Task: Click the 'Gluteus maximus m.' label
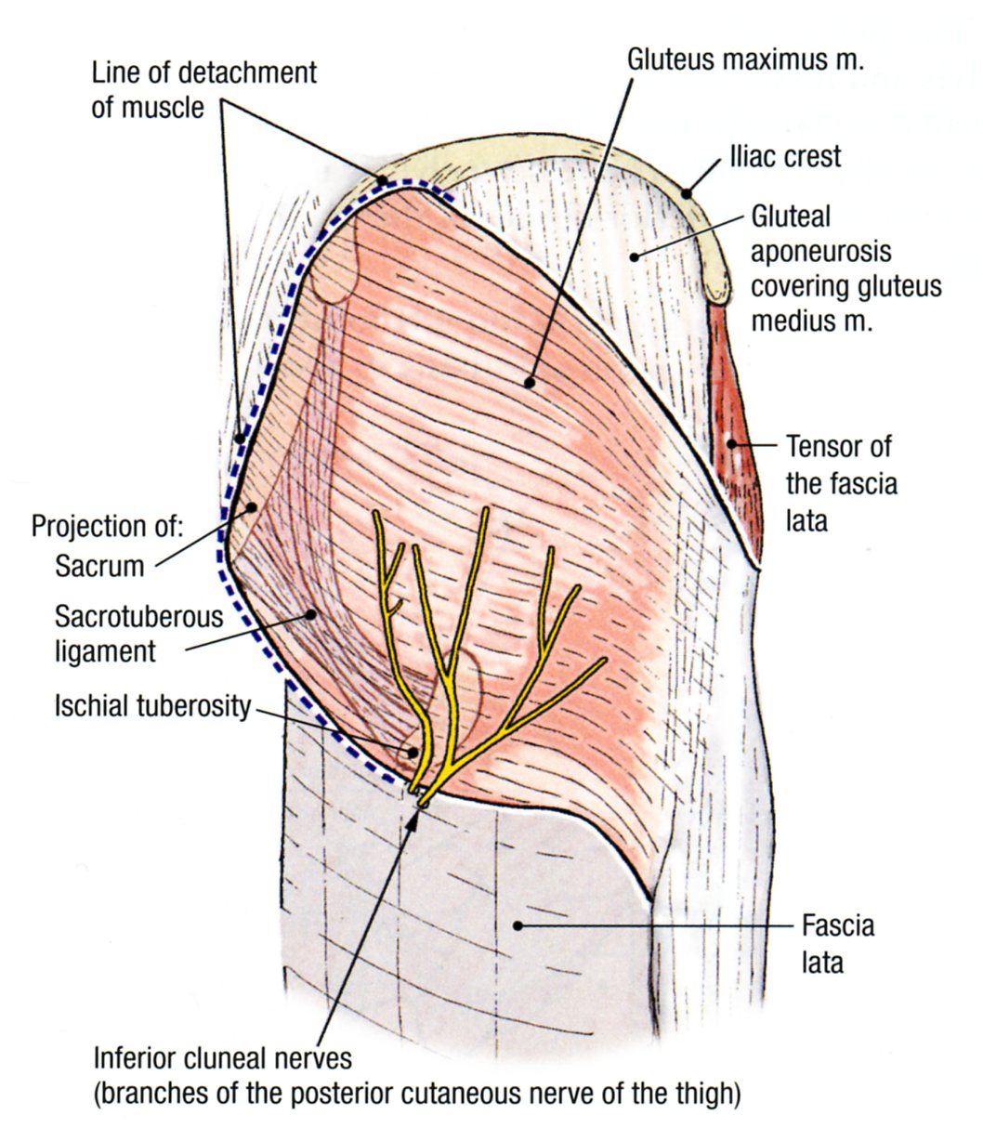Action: click(x=746, y=60)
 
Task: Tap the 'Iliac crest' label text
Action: click(x=785, y=155)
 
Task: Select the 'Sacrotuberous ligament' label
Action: click(x=139, y=633)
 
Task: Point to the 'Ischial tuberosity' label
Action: click(x=151, y=706)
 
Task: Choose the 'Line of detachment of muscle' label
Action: click(x=204, y=89)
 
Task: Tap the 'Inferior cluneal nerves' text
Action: click(x=222, y=1058)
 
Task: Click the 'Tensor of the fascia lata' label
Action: click(x=842, y=483)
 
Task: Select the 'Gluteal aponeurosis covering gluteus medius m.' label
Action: click(x=845, y=269)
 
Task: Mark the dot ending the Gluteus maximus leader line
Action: click(x=529, y=381)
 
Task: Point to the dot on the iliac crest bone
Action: click(x=686, y=193)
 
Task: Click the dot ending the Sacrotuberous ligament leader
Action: click(x=313, y=613)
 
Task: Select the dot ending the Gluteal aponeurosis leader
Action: click(x=634, y=256)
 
